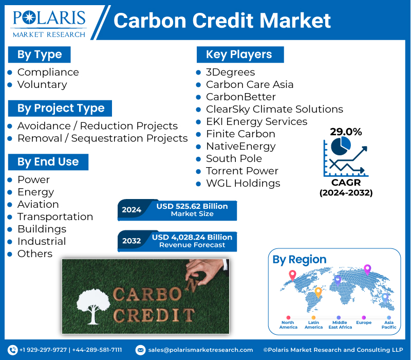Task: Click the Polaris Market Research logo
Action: [x=49, y=23]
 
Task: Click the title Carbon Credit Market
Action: [x=222, y=21]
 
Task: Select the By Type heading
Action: [x=40, y=55]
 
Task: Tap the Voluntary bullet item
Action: [x=42, y=84]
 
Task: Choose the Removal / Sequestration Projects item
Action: [x=102, y=138]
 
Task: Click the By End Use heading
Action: [x=48, y=161]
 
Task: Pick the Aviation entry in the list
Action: [x=38, y=204]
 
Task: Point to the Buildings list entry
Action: [x=42, y=229]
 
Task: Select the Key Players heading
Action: [x=239, y=55]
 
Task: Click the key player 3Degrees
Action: [x=230, y=72]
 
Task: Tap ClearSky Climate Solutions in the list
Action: [x=274, y=109]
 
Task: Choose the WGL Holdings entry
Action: [x=243, y=183]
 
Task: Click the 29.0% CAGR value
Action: [x=346, y=132]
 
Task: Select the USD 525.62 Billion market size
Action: [x=192, y=206]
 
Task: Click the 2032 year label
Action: [x=132, y=241]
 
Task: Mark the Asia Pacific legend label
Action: [x=389, y=325]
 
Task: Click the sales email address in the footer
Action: [x=200, y=350]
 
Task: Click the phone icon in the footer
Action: [x=13, y=350]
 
